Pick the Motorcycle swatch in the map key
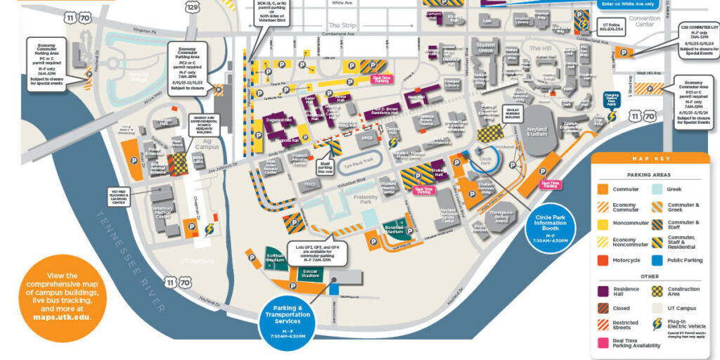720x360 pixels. click(604, 259)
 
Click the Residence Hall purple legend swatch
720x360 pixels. click(604, 290)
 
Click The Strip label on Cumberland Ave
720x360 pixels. click(339, 25)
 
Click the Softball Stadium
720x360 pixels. click(274, 258)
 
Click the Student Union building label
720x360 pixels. click(485, 48)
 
